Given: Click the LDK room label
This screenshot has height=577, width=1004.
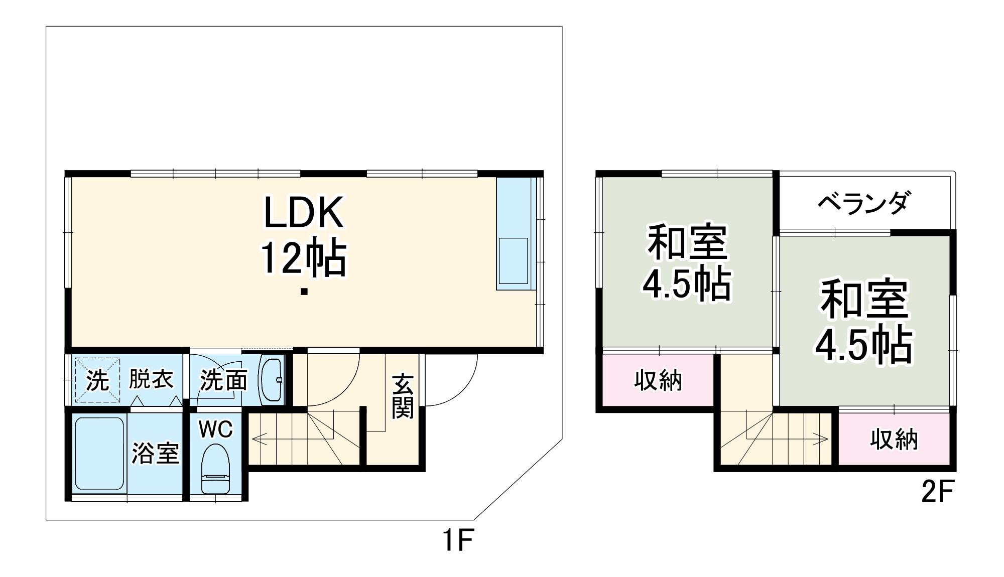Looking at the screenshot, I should (x=304, y=213).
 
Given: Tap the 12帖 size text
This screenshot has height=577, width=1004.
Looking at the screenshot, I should (x=303, y=258).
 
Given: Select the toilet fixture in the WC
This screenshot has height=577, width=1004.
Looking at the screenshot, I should (x=215, y=469).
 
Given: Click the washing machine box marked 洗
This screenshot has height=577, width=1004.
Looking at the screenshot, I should (x=97, y=380).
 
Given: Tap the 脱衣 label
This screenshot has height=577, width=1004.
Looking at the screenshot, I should (x=151, y=379).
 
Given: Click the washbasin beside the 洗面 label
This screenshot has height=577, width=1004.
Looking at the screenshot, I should (x=272, y=380).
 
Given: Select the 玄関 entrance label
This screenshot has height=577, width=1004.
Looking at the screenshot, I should (x=403, y=396).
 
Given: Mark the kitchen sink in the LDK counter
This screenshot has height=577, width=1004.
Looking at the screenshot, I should (x=513, y=260).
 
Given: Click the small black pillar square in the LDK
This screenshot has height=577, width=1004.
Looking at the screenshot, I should (x=304, y=292).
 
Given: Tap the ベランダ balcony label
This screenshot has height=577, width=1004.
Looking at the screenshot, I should (x=863, y=203).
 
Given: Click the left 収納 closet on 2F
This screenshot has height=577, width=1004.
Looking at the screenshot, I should (x=658, y=381).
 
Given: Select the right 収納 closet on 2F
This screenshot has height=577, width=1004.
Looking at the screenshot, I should (x=894, y=440).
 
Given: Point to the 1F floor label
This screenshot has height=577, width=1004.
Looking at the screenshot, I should (x=458, y=541).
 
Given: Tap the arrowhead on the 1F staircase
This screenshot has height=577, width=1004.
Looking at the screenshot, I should (x=255, y=440).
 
